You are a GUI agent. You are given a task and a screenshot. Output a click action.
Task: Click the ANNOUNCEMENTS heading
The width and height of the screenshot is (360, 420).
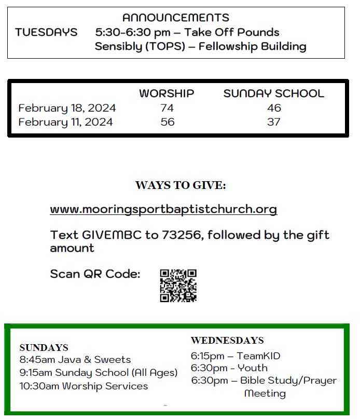point(175,18)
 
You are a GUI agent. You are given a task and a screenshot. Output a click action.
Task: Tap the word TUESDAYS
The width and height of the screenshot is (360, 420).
point(46,32)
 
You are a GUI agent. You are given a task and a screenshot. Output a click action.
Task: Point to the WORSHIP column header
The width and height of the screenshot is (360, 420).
point(167,93)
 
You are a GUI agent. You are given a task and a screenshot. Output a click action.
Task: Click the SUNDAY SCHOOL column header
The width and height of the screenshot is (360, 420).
point(273,93)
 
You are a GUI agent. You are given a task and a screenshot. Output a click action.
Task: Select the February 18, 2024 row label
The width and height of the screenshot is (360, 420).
point(67,108)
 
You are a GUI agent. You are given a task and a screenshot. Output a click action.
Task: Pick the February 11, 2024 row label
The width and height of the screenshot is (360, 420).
point(65,122)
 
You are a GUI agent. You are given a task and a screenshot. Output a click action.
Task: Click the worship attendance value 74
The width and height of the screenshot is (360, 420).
point(167,108)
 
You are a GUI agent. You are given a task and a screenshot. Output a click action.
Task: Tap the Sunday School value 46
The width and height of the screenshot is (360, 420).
point(274,108)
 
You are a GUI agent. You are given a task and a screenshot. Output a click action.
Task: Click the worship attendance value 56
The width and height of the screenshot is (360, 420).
point(167,122)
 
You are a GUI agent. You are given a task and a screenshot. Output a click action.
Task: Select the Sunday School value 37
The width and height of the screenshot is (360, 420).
point(274,122)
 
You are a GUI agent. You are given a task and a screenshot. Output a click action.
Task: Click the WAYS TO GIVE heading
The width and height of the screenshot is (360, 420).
point(181,185)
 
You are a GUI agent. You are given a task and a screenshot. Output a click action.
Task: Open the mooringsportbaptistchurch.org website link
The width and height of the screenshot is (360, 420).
point(163,209)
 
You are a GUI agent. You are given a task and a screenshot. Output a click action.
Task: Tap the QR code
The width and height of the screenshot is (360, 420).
point(178,285)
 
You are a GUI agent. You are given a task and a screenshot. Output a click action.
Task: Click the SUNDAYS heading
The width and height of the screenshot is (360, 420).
point(44,347)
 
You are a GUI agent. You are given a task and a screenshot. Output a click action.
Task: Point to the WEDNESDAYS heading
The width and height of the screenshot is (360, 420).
point(227,341)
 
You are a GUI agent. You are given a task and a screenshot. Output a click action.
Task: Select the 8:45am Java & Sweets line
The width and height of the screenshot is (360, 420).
point(75,359)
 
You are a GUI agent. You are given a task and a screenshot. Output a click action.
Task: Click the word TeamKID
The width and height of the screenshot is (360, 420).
point(258,356)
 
